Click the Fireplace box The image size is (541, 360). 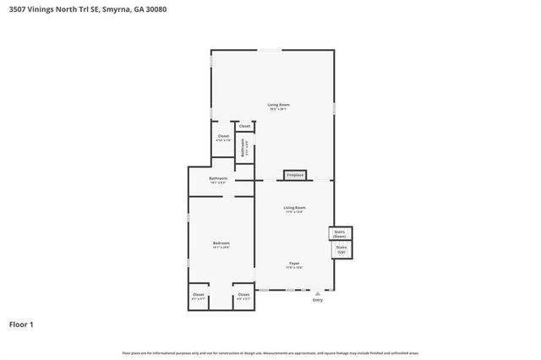(x=294, y=175)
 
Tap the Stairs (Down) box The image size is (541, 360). (x=340, y=233)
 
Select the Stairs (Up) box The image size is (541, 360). (x=340, y=250)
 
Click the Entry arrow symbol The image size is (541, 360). (x=318, y=292)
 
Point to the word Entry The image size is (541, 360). (x=318, y=300)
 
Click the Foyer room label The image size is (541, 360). (x=294, y=264)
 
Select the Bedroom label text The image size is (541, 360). (x=221, y=243)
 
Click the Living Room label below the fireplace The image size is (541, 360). (x=294, y=208)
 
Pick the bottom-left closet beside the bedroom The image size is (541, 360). (x=198, y=296)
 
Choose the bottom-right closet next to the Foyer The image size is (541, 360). (x=243, y=296)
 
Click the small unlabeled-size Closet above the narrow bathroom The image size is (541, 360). (x=244, y=126)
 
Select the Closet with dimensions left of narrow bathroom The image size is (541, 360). (x=223, y=138)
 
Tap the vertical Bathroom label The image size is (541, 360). (x=243, y=149)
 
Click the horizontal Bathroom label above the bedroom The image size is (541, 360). (x=219, y=179)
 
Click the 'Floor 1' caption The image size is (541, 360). (x=21, y=325)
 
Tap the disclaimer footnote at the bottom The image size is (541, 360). (x=270, y=352)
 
